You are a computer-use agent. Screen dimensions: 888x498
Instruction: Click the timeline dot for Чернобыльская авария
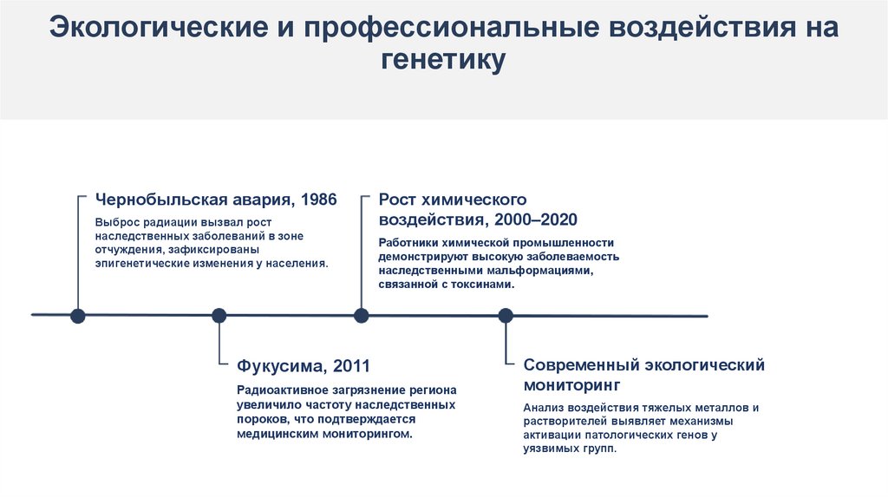(78, 316)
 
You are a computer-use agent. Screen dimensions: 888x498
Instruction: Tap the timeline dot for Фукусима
(219, 316)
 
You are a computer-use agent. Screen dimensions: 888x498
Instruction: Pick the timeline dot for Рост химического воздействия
(362, 316)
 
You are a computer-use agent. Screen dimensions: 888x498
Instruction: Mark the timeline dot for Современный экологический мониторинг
(505, 316)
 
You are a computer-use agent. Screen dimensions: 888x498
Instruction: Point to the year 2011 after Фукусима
(353, 365)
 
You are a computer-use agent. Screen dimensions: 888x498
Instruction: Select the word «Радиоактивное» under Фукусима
(278, 391)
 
